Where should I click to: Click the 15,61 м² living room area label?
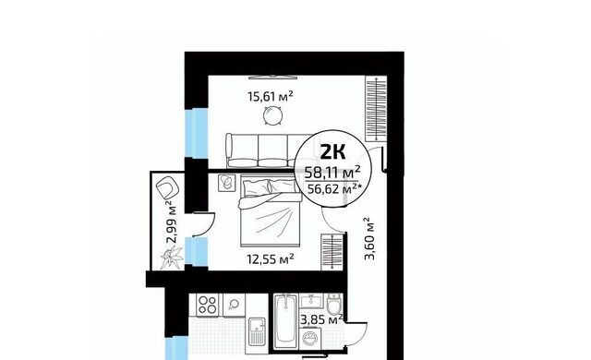[271, 97]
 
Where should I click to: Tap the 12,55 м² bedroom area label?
[271, 258]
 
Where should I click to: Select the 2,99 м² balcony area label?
[172, 223]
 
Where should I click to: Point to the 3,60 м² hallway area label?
[369, 238]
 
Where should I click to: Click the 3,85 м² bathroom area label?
[321, 319]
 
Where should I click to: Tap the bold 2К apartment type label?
[332, 151]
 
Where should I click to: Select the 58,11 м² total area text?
[332, 173]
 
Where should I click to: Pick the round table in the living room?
[272, 116]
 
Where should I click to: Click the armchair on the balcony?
[167, 187]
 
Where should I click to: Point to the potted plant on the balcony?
[172, 258]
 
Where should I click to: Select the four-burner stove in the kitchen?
[208, 305]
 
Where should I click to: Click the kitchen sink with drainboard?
[258, 331]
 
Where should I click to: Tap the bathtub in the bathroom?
[286, 321]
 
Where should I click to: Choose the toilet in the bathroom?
[333, 305]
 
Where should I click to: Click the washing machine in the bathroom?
[311, 338]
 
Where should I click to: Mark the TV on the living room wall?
[273, 78]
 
